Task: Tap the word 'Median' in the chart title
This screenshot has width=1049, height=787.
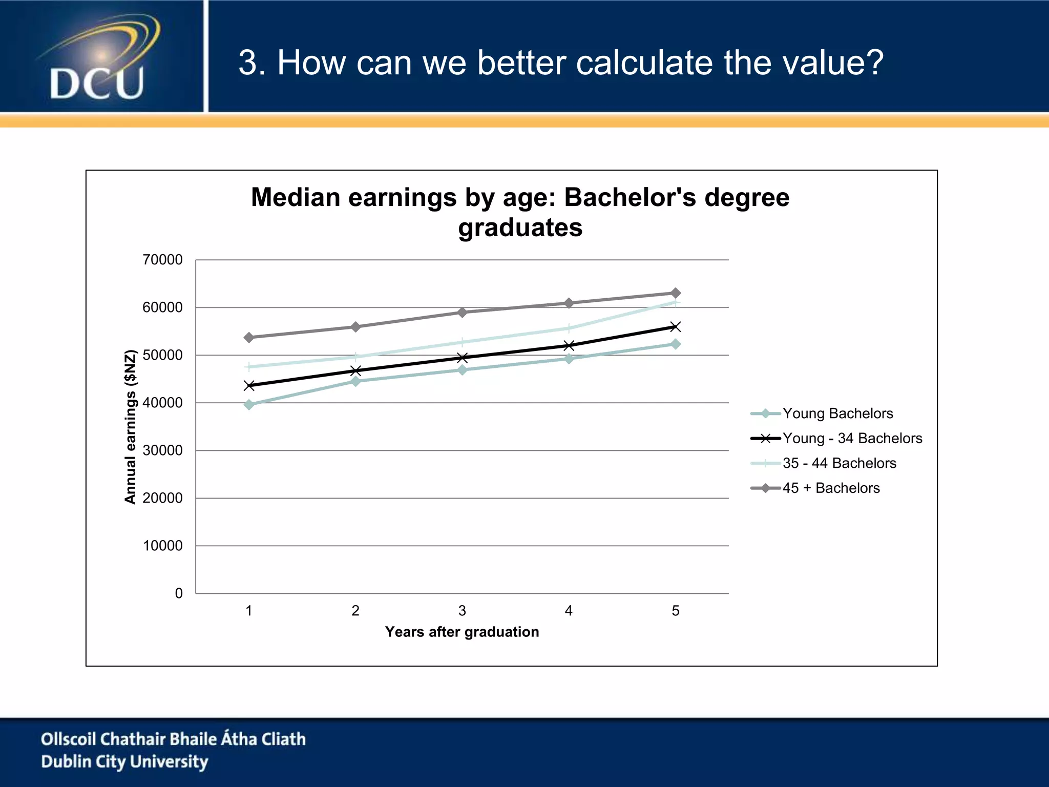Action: click(296, 198)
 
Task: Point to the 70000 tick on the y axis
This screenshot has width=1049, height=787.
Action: click(162, 260)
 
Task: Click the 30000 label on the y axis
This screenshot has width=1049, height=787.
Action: click(162, 450)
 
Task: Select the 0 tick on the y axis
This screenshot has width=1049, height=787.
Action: click(178, 593)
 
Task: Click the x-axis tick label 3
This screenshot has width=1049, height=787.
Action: click(462, 611)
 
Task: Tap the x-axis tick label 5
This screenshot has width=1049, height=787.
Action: click(676, 611)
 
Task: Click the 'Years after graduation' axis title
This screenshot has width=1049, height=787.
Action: click(462, 632)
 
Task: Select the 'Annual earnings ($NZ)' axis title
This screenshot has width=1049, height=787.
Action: click(131, 427)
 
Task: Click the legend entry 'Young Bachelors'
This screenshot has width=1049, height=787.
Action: click(837, 413)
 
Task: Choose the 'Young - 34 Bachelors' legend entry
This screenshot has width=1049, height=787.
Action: click(852, 439)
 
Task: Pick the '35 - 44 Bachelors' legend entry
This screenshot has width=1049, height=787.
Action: click(839, 463)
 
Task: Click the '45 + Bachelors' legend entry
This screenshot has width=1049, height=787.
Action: click(831, 488)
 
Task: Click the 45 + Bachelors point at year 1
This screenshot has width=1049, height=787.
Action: click(249, 338)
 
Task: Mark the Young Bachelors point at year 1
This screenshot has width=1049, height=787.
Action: click(249, 405)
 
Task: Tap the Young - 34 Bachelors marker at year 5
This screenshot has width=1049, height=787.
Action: click(676, 327)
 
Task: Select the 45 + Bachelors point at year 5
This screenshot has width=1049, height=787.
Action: click(676, 293)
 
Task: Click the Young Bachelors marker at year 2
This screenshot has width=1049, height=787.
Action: click(355, 381)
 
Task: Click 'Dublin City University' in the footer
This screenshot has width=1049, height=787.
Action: click(124, 762)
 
